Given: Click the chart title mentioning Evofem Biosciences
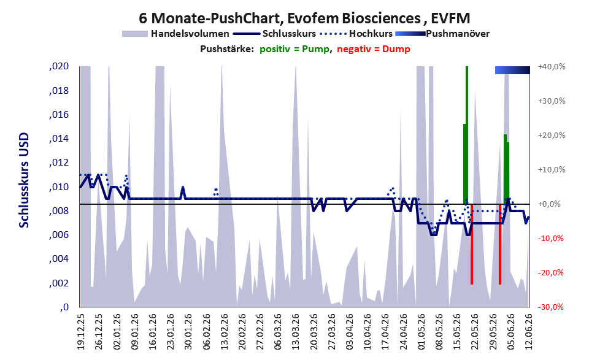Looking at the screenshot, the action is point(304,18).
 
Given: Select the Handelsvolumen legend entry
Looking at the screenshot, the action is point(175,34).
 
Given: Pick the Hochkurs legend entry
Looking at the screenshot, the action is point(356,34).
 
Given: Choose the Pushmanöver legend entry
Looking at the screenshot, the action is point(442,34).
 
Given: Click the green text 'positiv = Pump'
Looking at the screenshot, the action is point(294,49).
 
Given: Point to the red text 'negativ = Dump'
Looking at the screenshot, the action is point(374,49).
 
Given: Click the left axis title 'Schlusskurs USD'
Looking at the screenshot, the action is point(25,180).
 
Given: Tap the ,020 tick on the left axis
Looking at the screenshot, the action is point(60,66).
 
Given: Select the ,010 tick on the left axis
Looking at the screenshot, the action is point(60,187).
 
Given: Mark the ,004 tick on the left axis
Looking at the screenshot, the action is point(60,259).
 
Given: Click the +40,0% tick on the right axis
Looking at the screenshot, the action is point(552,67).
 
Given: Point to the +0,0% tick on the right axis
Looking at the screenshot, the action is point(552,204).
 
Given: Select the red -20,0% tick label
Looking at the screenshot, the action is point(550,273).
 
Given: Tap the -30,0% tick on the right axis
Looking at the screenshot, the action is point(550,307).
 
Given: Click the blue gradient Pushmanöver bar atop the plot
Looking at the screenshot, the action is point(512,70).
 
